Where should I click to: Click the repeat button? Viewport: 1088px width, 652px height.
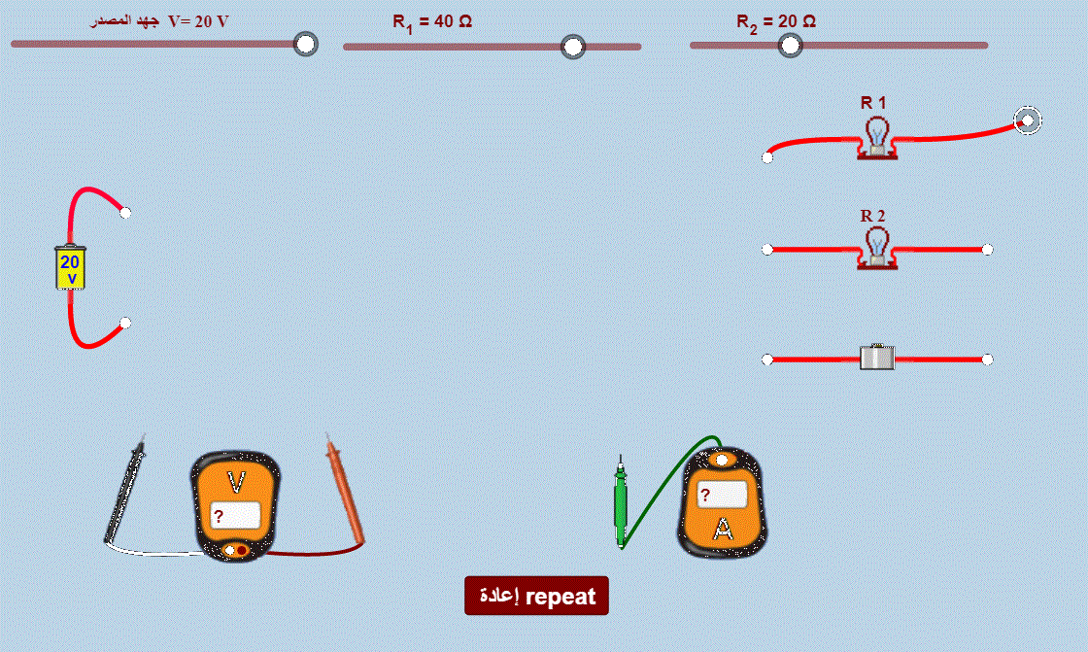(536, 596)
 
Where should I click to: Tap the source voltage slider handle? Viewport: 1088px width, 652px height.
(305, 44)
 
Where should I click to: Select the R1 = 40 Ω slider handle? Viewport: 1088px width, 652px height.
(572, 47)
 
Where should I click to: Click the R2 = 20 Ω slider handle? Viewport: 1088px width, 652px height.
(790, 46)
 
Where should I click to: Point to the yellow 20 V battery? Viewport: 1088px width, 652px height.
(70, 266)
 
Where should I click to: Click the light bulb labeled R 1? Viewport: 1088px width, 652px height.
(877, 137)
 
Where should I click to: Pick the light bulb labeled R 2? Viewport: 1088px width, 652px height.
(877, 248)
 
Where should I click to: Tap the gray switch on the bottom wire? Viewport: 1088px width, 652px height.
(877, 358)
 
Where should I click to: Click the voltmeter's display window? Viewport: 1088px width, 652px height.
(235, 516)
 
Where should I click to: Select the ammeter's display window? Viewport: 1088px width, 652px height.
(723, 495)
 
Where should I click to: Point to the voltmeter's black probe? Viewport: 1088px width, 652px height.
(125, 488)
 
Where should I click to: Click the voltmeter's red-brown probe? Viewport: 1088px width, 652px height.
(345, 489)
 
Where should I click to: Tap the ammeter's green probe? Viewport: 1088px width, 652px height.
(621, 501)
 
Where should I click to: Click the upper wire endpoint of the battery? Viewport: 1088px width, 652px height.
(125, 213)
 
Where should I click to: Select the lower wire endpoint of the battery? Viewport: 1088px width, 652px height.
(125, 323)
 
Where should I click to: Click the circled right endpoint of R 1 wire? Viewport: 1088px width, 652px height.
(1028, 120)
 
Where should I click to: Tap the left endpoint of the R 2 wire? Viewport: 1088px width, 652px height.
(767, 250)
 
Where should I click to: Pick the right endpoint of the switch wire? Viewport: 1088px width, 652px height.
(987, 359)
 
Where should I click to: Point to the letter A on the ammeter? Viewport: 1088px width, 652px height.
(723, 530)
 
